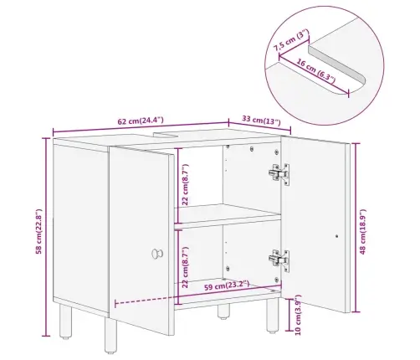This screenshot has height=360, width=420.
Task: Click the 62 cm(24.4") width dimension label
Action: click(x=141, y=121)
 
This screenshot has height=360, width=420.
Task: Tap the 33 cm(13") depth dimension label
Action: click(x=261, y=120)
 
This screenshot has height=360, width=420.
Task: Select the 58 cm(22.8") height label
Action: click(x=38, y=232)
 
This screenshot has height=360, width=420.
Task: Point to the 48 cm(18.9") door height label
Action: click(x=362, y=232)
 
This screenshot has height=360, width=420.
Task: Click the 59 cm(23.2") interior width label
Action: click(x=227, y=285)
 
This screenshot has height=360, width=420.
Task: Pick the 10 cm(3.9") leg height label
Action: click(x=298, y=315)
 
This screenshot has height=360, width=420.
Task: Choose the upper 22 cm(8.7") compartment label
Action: click(x=185, y=184)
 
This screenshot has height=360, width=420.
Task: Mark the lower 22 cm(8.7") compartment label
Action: click(x=185, y=267)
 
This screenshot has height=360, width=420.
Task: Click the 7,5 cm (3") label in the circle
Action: click(x=291, y=40)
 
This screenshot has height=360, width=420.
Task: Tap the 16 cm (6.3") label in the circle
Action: click(x=315, y=71)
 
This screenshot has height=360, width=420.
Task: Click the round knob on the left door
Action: click(x=157, y=254)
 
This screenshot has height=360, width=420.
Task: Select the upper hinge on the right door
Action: click(x=279, y=174)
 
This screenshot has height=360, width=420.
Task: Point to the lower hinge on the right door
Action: click(x=279, y=260)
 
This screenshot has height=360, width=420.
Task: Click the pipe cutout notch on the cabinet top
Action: click(x=166, y=135)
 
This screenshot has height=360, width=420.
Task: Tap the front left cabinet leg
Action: click(x=110, y=336)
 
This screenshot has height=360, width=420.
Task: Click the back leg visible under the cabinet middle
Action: click(x=224, y=311)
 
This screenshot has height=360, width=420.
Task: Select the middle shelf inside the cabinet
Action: click(x=228, y=216)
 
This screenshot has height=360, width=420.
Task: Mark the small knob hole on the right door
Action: click(x=336, y=236)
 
